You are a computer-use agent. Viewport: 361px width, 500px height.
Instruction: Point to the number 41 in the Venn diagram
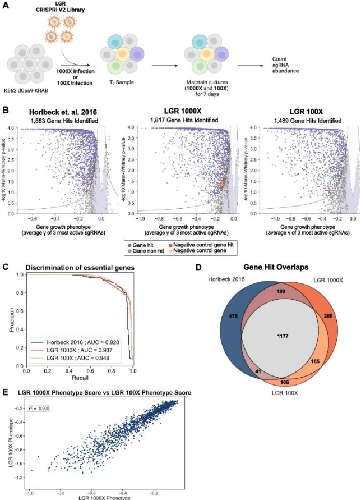click(x=241, y=371)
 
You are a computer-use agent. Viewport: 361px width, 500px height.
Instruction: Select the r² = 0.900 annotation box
click(x=40, y=408)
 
